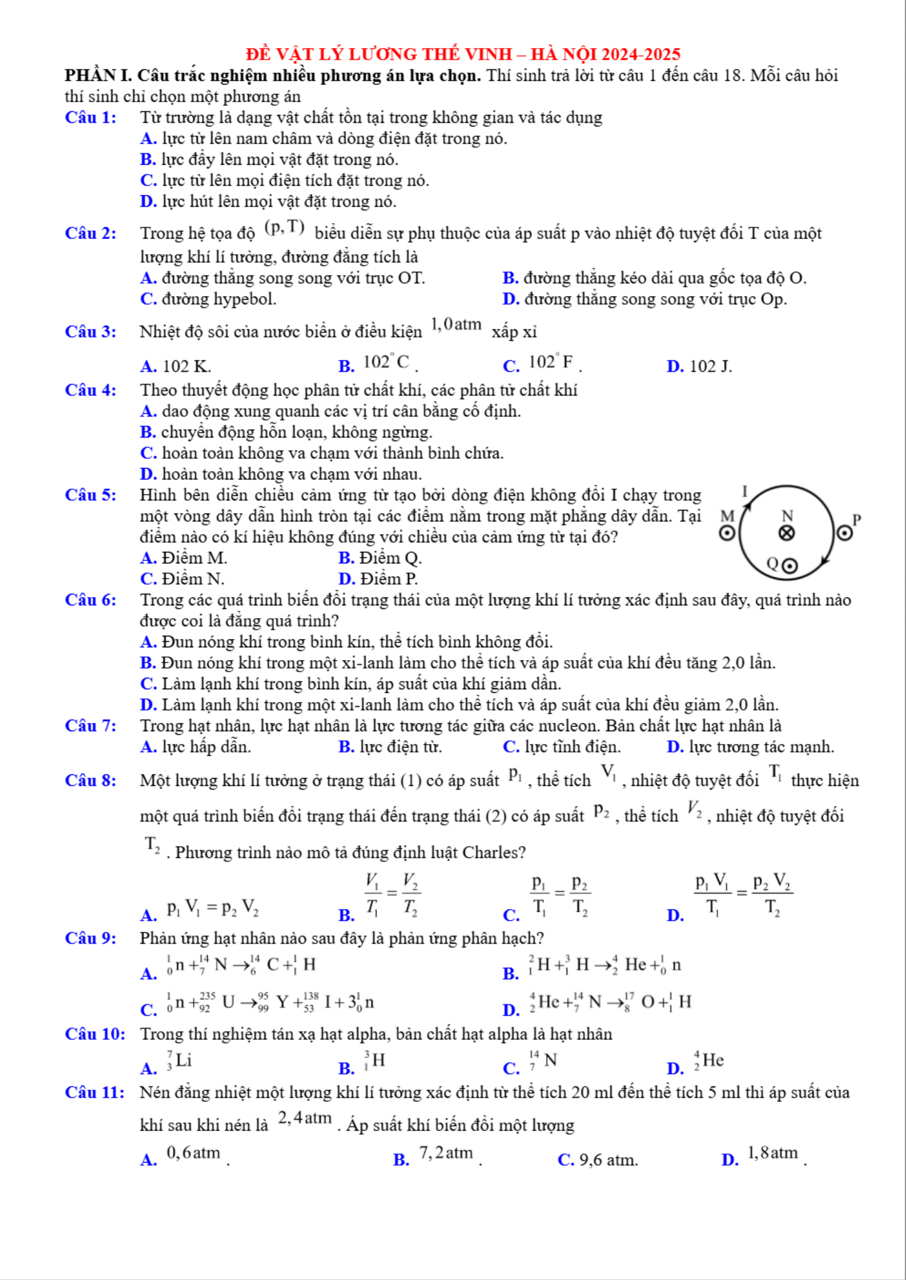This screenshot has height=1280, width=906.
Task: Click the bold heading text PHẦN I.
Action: [x=99, y=75]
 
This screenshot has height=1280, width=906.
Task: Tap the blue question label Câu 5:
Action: [x=91, y=495]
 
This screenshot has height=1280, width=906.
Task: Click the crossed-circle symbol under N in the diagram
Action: [x=787, y=533]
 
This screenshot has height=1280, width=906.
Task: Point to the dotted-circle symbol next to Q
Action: [x=789, y=566]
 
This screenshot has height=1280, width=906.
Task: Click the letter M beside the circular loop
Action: [x=727, y=516]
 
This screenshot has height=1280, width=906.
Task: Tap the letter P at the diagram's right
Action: [x=857, y=519]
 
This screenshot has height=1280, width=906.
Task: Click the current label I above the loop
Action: [x=745, y=491]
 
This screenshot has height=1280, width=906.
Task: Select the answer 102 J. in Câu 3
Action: [x=711, y=366]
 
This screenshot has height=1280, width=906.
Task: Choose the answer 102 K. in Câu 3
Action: [x=187, y=366]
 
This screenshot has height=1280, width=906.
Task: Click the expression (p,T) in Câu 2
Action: [x=284, y=227]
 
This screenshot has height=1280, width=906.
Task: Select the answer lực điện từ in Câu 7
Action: [x=401, y=746]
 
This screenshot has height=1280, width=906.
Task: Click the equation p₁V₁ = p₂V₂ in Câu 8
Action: [x=213, y=909]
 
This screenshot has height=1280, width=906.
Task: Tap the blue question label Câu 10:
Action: [x=95, y=1034]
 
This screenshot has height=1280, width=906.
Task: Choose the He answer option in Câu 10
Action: [x=709, y=1061]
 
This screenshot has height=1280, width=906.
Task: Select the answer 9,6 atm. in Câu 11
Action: [x=608, y=1160]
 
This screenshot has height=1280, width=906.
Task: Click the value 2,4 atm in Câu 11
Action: [x=305, y=1118]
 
